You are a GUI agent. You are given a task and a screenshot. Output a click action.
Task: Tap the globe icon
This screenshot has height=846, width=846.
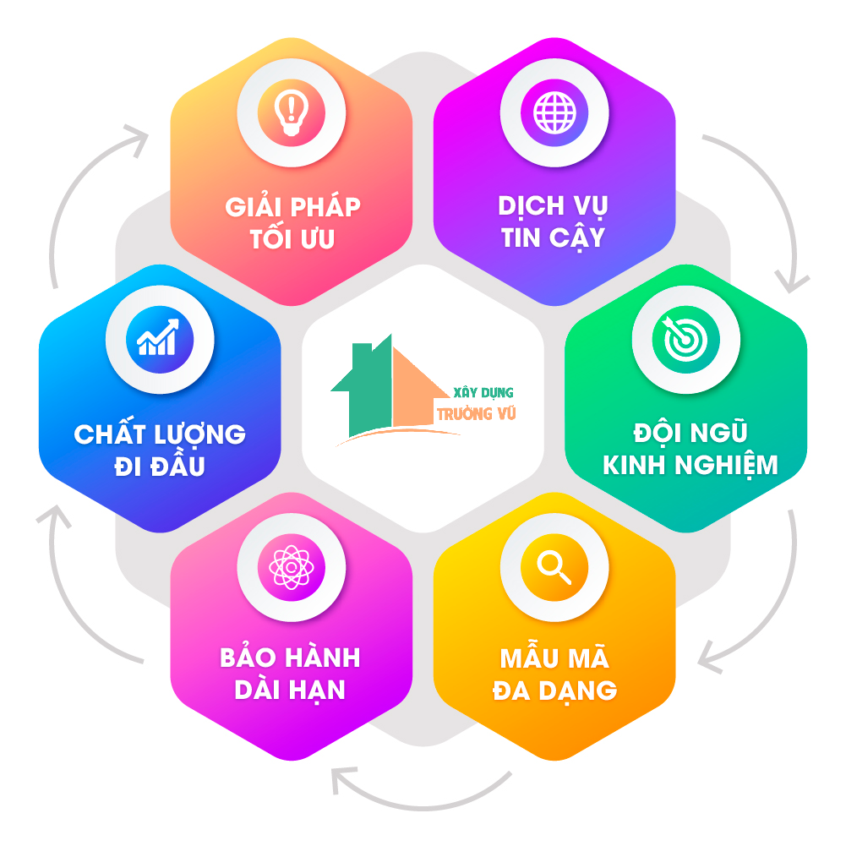554,113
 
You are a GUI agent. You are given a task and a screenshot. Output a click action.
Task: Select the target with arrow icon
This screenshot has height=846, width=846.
685,340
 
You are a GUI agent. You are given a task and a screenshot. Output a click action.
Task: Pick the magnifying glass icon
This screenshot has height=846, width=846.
554,567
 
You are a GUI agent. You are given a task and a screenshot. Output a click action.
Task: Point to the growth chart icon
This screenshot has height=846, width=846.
160,340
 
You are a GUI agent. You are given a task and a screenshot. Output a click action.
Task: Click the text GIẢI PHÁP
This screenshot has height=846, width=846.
292,206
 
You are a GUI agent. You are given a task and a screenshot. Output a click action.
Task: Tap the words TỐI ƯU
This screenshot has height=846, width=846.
292,239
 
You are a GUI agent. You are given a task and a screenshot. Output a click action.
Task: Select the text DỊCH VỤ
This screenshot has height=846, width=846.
554,206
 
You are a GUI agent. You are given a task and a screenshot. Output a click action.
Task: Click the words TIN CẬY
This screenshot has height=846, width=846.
554,238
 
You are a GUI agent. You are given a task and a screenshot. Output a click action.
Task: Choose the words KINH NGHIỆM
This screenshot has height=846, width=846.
690,465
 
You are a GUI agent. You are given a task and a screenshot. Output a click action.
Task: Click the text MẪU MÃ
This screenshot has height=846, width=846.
554,658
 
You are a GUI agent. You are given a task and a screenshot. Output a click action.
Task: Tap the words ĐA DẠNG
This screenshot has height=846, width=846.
554,690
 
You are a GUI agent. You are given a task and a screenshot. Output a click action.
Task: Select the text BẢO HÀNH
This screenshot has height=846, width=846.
290,658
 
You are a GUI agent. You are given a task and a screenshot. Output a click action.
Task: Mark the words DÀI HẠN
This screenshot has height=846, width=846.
290,690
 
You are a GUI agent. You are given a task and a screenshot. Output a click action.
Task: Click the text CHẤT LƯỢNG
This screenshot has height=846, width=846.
160,434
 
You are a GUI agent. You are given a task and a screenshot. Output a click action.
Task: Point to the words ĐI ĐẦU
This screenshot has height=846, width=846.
160,467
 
